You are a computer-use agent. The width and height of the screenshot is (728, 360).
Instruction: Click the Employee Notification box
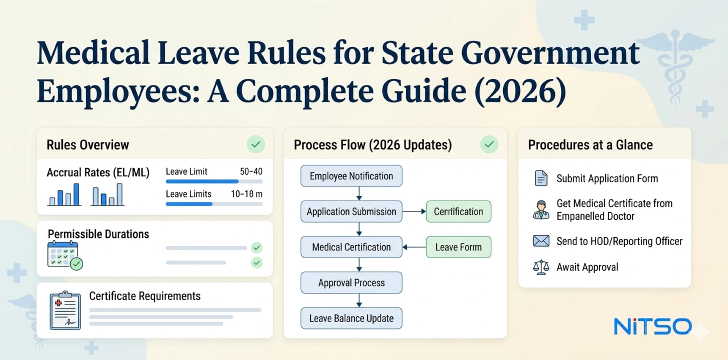[351, 176]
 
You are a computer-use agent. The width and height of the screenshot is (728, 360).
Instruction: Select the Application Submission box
[351, 212]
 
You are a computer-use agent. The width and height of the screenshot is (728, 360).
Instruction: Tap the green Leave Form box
[458, 247]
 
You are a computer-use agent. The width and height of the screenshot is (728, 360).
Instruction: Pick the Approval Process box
[351, 283]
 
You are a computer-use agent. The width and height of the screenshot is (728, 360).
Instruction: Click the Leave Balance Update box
[351, 318]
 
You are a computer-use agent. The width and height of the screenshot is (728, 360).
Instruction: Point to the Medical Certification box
[351, 247]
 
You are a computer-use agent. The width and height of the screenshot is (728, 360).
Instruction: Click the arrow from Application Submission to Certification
[414, 212]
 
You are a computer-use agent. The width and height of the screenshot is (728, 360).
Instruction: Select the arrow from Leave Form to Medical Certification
[414, 247]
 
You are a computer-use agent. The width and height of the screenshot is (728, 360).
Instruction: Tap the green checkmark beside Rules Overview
[256, 145]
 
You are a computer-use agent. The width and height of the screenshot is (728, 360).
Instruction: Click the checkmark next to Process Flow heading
[489, 145]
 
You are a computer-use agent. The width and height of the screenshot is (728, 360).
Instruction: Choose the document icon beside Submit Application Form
[541, 178]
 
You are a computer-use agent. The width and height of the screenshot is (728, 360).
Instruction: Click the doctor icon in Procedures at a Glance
[541, 210]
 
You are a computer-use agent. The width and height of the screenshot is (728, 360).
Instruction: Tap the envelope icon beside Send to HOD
[541, 241]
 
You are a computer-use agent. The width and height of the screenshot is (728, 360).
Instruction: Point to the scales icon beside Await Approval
[541, 267]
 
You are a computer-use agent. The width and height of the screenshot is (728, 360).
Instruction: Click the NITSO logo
[653, 327]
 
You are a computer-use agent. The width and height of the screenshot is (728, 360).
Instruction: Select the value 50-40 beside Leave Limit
[251, 171]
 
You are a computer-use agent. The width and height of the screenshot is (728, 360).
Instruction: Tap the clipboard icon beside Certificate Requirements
[65, 310]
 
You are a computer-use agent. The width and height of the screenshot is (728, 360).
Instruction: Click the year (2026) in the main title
[520, 91]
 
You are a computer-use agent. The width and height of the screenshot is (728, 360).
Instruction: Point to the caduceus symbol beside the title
[675, 64]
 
